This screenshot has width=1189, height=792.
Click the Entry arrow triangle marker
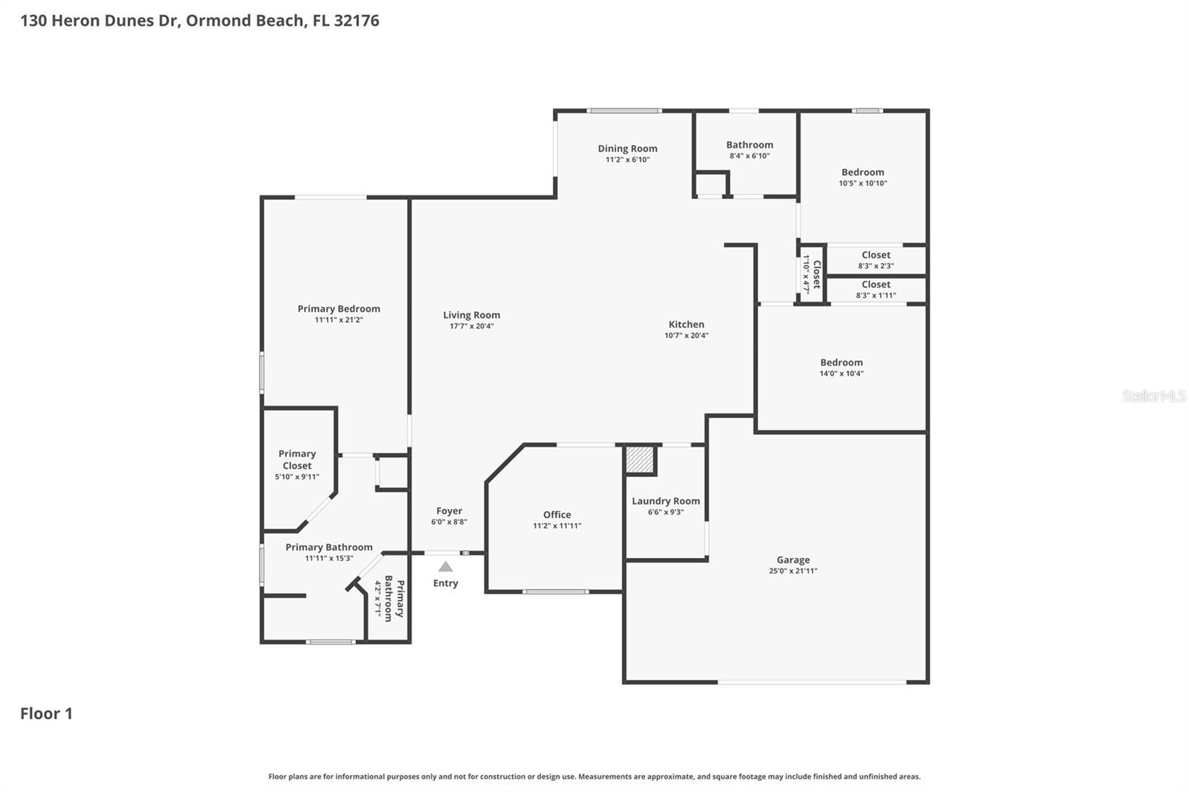pos(445,567)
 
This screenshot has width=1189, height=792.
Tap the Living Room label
pos(471,315)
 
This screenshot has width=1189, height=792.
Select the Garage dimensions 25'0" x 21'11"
pos(793,571)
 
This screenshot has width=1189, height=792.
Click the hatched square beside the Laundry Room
pos(640,460)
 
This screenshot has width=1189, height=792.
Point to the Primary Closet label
pos(297,459)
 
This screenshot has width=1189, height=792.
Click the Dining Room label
pos(627,149)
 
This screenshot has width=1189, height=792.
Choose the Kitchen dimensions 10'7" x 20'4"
pos(686,335)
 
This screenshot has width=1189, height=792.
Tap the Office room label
pos(557,514)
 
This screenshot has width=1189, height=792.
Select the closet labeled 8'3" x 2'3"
pos(875,260)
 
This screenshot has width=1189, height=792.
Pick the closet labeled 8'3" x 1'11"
pos(875,289)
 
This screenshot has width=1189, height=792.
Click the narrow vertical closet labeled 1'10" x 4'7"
pos(811,274)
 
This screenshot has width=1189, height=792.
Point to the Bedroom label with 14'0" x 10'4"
pos(841,363)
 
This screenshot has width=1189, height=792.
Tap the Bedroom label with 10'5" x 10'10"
pos(862,172)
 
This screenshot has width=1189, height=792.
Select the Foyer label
pos(449,511)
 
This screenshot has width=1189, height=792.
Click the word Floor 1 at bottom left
pos(46,713)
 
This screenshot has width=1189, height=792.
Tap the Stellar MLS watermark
pos(1153,396)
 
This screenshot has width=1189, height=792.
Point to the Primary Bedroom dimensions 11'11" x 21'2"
pos(338,320)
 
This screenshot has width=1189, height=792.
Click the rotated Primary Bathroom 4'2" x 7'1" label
pos(389,599)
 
